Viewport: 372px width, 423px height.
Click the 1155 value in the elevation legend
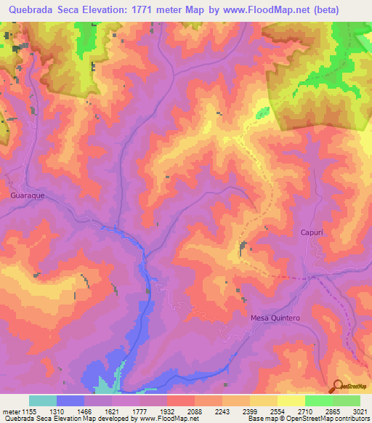coord(29,411)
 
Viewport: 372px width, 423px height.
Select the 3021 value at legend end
coord(360,411)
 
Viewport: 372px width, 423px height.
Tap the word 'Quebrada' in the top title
coord(33,9)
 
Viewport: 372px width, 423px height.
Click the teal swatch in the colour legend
coord(43,400)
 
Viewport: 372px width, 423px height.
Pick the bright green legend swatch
coord(318,400)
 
